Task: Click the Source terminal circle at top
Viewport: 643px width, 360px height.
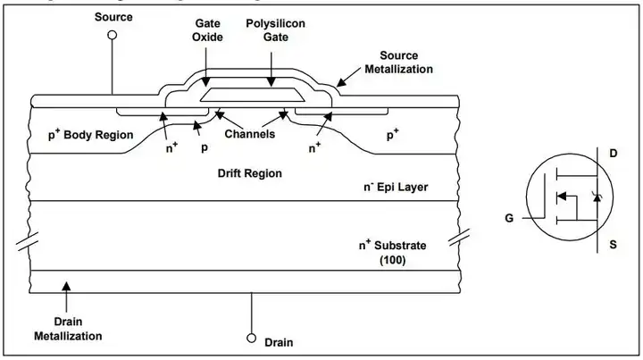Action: tap(113, 35)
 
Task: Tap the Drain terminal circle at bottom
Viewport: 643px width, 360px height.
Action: tap(251, 339)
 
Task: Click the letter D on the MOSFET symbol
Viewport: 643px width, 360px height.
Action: tap(613, 155)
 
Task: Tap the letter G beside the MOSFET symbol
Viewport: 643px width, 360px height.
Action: tap(508, 218)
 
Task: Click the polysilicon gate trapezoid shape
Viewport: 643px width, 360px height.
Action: tap(255, 93)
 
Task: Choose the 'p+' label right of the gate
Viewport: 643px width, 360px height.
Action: tap(391, 136)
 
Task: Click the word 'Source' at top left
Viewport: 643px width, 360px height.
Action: tap(113, 16)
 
